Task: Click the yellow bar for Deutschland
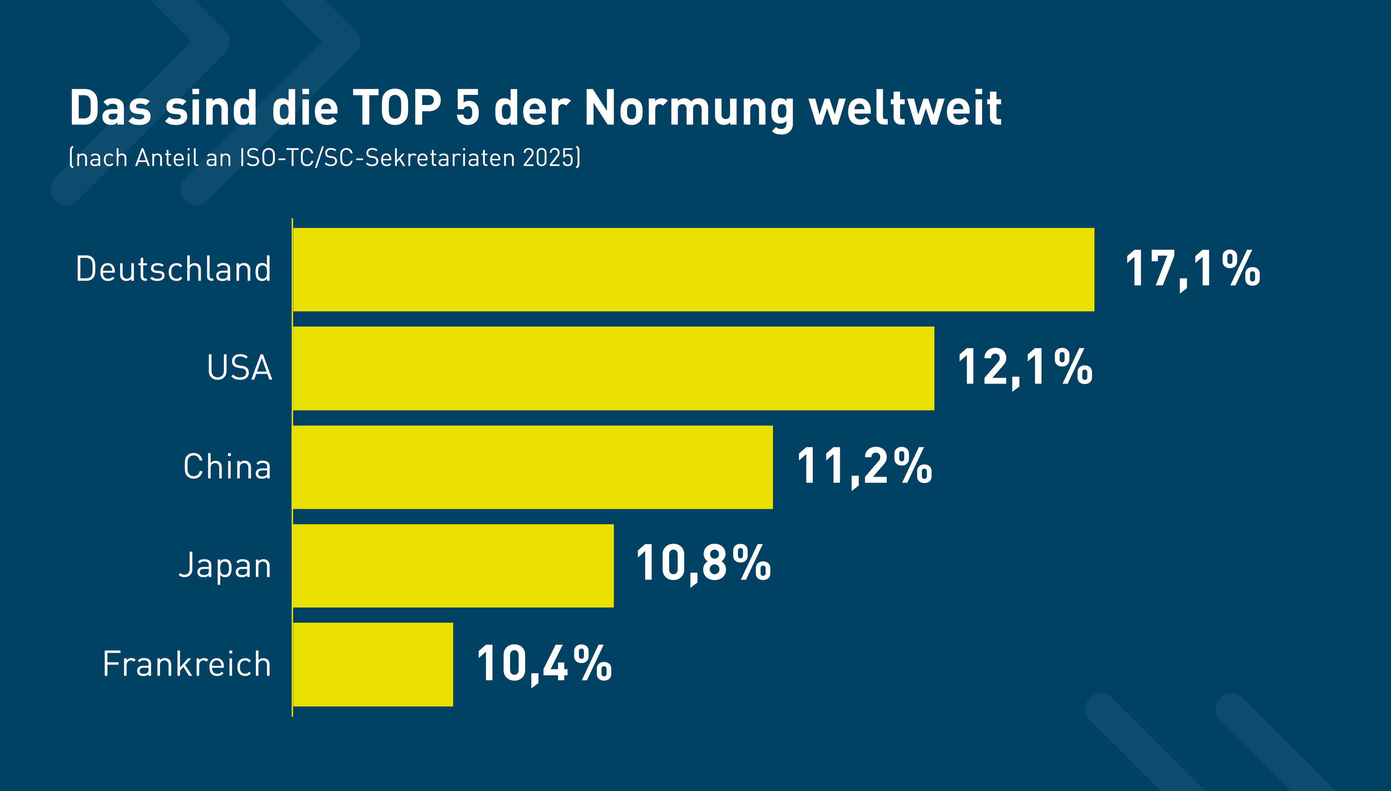pos(693,269)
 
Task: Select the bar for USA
pos(613,368)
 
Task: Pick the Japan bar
pos(453,565)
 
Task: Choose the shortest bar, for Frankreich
pos(373,664)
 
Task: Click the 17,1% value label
pos(1192,269)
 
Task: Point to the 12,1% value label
pos(1024,368)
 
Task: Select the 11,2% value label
pos(864,466)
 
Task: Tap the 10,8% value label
pos(703,564)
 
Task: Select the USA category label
pos(239,368)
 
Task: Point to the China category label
pos(227,467)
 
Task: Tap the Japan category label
pos(225,565)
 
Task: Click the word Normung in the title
pos(689,109)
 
